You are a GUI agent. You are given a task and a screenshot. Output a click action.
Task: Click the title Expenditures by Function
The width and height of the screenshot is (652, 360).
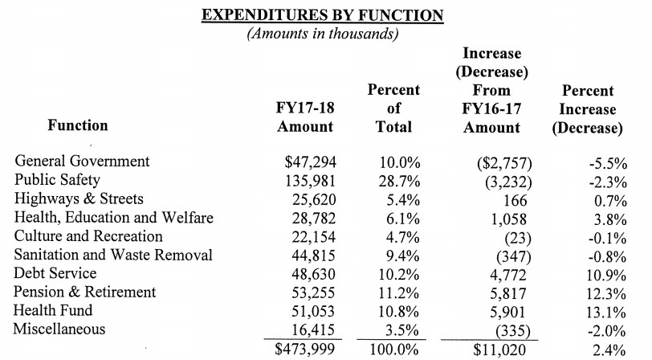[323, 15]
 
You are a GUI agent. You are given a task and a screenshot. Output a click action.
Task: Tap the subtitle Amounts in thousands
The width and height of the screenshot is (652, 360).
[323, 33]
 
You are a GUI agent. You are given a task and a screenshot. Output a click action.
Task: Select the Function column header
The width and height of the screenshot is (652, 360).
[78, 125]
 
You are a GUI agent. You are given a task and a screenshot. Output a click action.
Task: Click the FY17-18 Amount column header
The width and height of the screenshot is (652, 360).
[305, 117]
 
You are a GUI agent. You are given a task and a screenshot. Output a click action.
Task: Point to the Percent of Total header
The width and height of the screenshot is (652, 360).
[393, 108]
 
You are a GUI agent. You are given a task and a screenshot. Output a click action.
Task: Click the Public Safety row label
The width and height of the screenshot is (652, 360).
[57, 180]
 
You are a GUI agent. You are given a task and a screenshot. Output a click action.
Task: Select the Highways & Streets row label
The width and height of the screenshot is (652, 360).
[79, 198]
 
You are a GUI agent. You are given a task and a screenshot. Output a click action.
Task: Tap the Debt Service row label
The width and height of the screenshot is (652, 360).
[55, 273]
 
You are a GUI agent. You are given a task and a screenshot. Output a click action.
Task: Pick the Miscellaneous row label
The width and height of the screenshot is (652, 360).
[59, 329]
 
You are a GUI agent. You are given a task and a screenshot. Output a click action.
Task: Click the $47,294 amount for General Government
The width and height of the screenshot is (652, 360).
[310, 162]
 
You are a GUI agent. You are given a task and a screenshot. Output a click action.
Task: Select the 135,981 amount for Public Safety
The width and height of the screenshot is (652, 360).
[310, 181]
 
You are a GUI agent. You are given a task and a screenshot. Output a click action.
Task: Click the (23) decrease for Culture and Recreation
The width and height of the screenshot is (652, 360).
[518, 238]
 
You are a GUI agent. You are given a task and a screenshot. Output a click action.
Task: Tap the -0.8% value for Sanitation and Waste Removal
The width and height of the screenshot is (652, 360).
[607, 257]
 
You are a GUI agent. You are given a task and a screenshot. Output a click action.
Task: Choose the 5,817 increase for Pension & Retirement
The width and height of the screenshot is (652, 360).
[507, 294]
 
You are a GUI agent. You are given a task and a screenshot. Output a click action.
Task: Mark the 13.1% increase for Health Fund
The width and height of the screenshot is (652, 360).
[606, 313]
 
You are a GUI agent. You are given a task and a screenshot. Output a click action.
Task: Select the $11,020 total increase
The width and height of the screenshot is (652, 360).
[499, 350]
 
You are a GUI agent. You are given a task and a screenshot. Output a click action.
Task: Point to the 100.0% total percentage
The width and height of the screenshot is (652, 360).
[394, 350]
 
